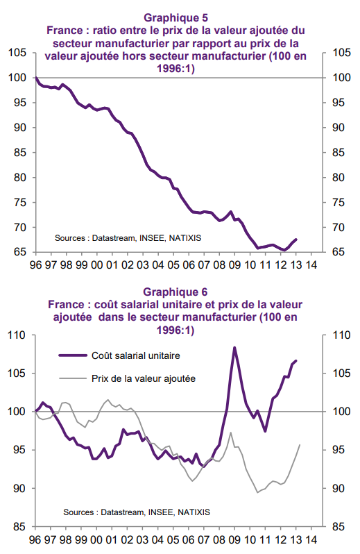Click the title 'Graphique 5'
[x=175, y=17]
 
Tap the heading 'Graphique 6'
[x=175, y=292]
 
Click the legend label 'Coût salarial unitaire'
[x=136, y=355]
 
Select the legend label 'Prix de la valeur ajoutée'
[x=144, y=378]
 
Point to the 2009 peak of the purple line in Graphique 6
[x=234, y=348]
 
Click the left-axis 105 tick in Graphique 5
[x=17, y=53]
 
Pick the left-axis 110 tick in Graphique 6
[x=17, y=335]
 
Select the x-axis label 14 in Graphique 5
[x=311, y=265]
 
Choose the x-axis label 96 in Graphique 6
[x=35, y=540]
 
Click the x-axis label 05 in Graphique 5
[x=173, y=265]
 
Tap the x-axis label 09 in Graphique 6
[x=234, y=540]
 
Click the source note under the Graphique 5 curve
[x=128, y=238]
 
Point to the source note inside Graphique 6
[x=137, y=512]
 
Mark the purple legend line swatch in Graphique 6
[x=73, y=355]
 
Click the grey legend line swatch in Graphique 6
[x=73, y=378]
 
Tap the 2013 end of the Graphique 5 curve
[x=295, y=240]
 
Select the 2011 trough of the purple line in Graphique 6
[x=265, y=431]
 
